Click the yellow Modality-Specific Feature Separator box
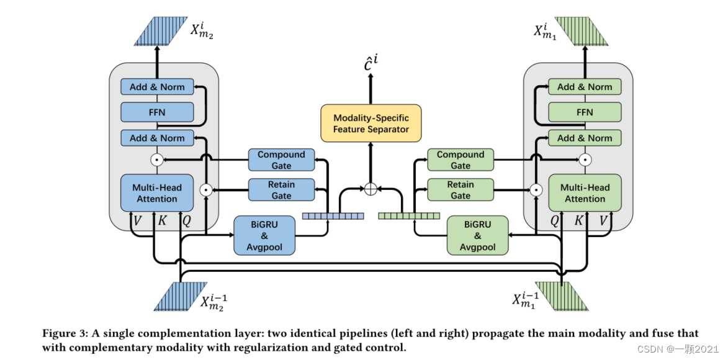coord(371,123)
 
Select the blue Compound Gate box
coord(281,160)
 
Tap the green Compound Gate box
coord(460,160)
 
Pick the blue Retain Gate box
coord(281,190)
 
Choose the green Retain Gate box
coord(460,190)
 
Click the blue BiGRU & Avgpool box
coord(264,235)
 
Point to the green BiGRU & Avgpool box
coord(477,235)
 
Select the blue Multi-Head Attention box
coord(157,193)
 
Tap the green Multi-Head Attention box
coord(585,193)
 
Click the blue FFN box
coord(157,112)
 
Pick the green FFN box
coord(585,112)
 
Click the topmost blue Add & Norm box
coord(157,87)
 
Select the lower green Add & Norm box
coord(585,138)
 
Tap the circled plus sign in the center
coord(371,189)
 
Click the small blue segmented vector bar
coord(333,216)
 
